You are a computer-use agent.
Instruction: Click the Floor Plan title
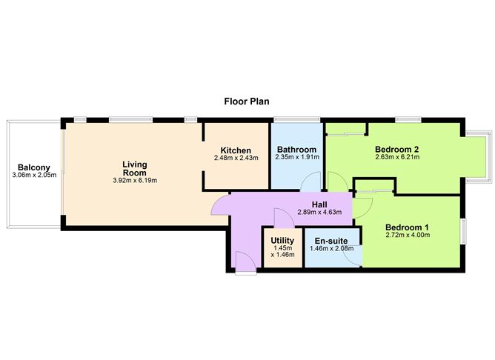tap(247, 100)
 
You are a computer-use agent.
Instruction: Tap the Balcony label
tap(34, 167)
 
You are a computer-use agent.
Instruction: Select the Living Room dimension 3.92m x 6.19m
tap(135, 180)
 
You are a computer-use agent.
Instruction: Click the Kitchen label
tap(236, 150)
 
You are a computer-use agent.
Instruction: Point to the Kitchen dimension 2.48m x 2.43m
tap(236, 158)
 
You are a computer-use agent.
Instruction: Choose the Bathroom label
tap(296, 149)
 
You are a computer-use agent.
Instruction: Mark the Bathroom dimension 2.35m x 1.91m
tap(296, 157)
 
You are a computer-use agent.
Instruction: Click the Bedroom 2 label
tap(397, 148)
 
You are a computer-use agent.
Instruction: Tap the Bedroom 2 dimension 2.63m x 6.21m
tap(397, 157)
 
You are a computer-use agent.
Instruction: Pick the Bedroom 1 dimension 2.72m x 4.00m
tap(408, 236)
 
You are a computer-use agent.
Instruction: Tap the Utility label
tap(282, 241)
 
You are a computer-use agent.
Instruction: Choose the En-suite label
tap(331, 241)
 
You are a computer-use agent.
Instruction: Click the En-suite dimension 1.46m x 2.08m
tap(331, 249)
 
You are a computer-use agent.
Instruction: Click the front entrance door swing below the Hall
tap(242, 260)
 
